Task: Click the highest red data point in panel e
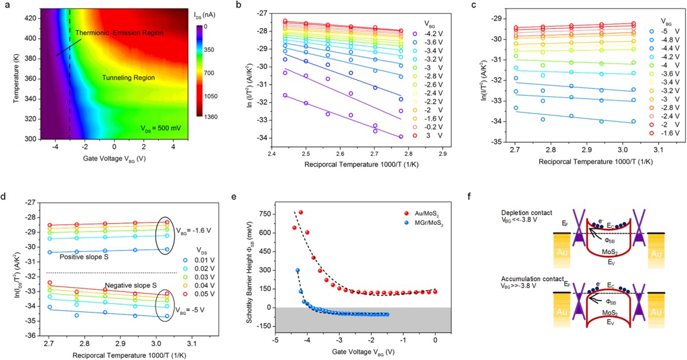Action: [301, 212]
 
